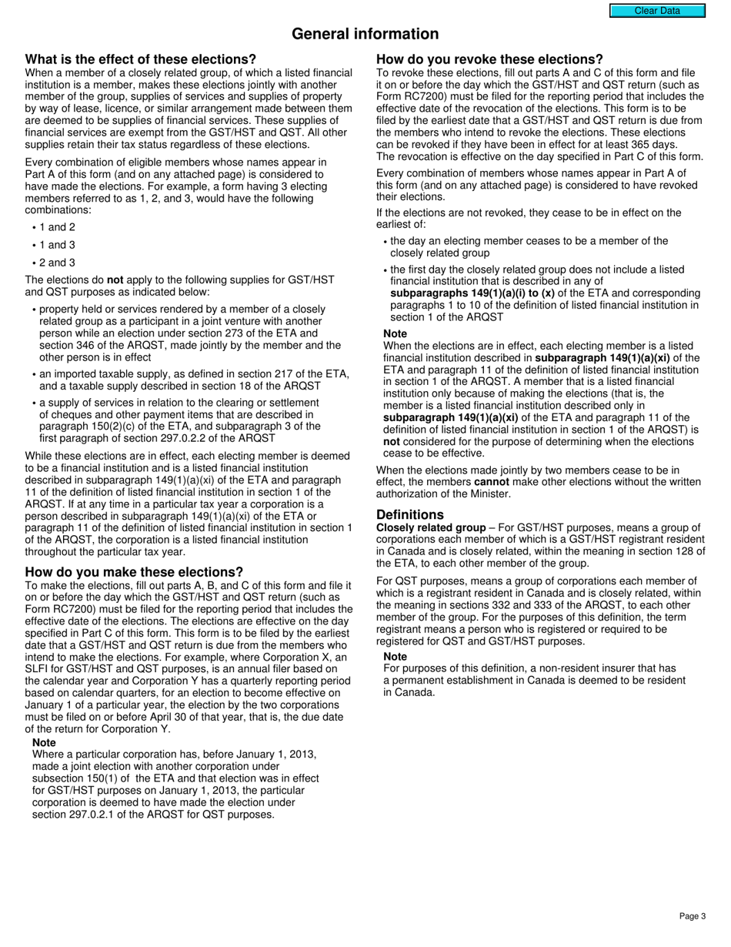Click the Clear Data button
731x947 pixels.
[x=657, y=11]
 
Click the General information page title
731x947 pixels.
[x=365, y=34]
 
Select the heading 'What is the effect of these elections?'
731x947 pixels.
[x=141, y=60]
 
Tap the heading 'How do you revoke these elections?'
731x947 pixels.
[x=489, y=60]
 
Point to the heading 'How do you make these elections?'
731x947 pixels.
[x=134, y=572]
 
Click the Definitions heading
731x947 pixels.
[x=410, y=514]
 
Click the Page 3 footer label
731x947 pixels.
[x=693, y=916]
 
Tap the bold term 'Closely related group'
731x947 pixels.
[x=431, y=528]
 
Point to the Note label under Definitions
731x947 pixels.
[x=396, y=656]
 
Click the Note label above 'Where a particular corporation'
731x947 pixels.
[x=44, y=742]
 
